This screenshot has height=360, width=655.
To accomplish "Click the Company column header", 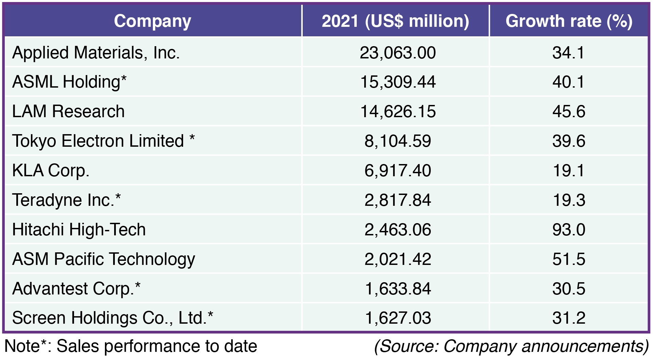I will click(153, 21).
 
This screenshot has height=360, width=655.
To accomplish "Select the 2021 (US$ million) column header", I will click(395, 21).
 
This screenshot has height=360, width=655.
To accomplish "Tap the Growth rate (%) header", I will click(569, 21).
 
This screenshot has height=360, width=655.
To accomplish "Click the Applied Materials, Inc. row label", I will click(96, 53).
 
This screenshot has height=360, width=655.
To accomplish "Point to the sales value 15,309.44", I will click(398, 82).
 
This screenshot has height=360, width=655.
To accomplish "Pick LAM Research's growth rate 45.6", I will click(569, 112).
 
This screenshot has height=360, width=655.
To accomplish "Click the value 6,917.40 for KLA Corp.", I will click(398, 170).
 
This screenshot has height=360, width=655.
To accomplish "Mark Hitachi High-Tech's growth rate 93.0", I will click(569, 230).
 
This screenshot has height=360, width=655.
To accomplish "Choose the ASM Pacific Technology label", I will click(104, 259).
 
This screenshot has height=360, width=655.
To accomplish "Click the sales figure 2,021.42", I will click(398, 259).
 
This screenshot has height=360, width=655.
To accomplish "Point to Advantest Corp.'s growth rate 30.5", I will click(569, 289).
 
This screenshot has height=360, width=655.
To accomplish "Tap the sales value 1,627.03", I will click(398, 318).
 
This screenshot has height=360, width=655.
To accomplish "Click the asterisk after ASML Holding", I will click(124, 79).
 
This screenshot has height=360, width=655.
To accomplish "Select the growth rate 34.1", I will click(569, 53).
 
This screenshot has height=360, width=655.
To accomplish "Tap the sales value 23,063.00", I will click(398, 53).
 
